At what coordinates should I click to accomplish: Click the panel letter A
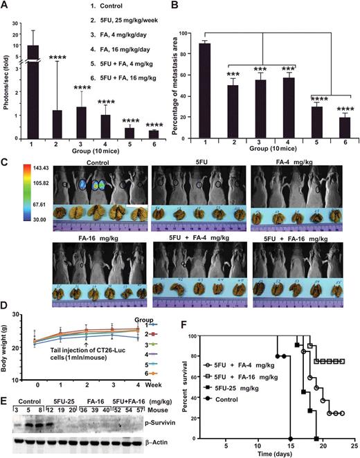(x=6, y=6)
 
